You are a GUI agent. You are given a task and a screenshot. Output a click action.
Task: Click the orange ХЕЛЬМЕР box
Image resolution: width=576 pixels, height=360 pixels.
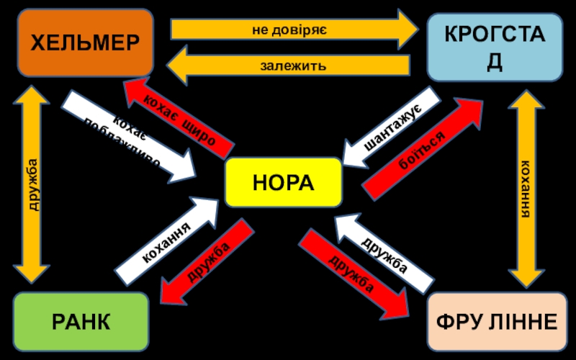point(85,42)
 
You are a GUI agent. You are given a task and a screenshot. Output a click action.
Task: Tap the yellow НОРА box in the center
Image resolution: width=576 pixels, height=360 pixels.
point(283,182)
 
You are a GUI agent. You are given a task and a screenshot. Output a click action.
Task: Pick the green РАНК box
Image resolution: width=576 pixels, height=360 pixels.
point(81,322)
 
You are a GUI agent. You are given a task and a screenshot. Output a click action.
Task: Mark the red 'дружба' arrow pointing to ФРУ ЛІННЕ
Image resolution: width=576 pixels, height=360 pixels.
point(353,274)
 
